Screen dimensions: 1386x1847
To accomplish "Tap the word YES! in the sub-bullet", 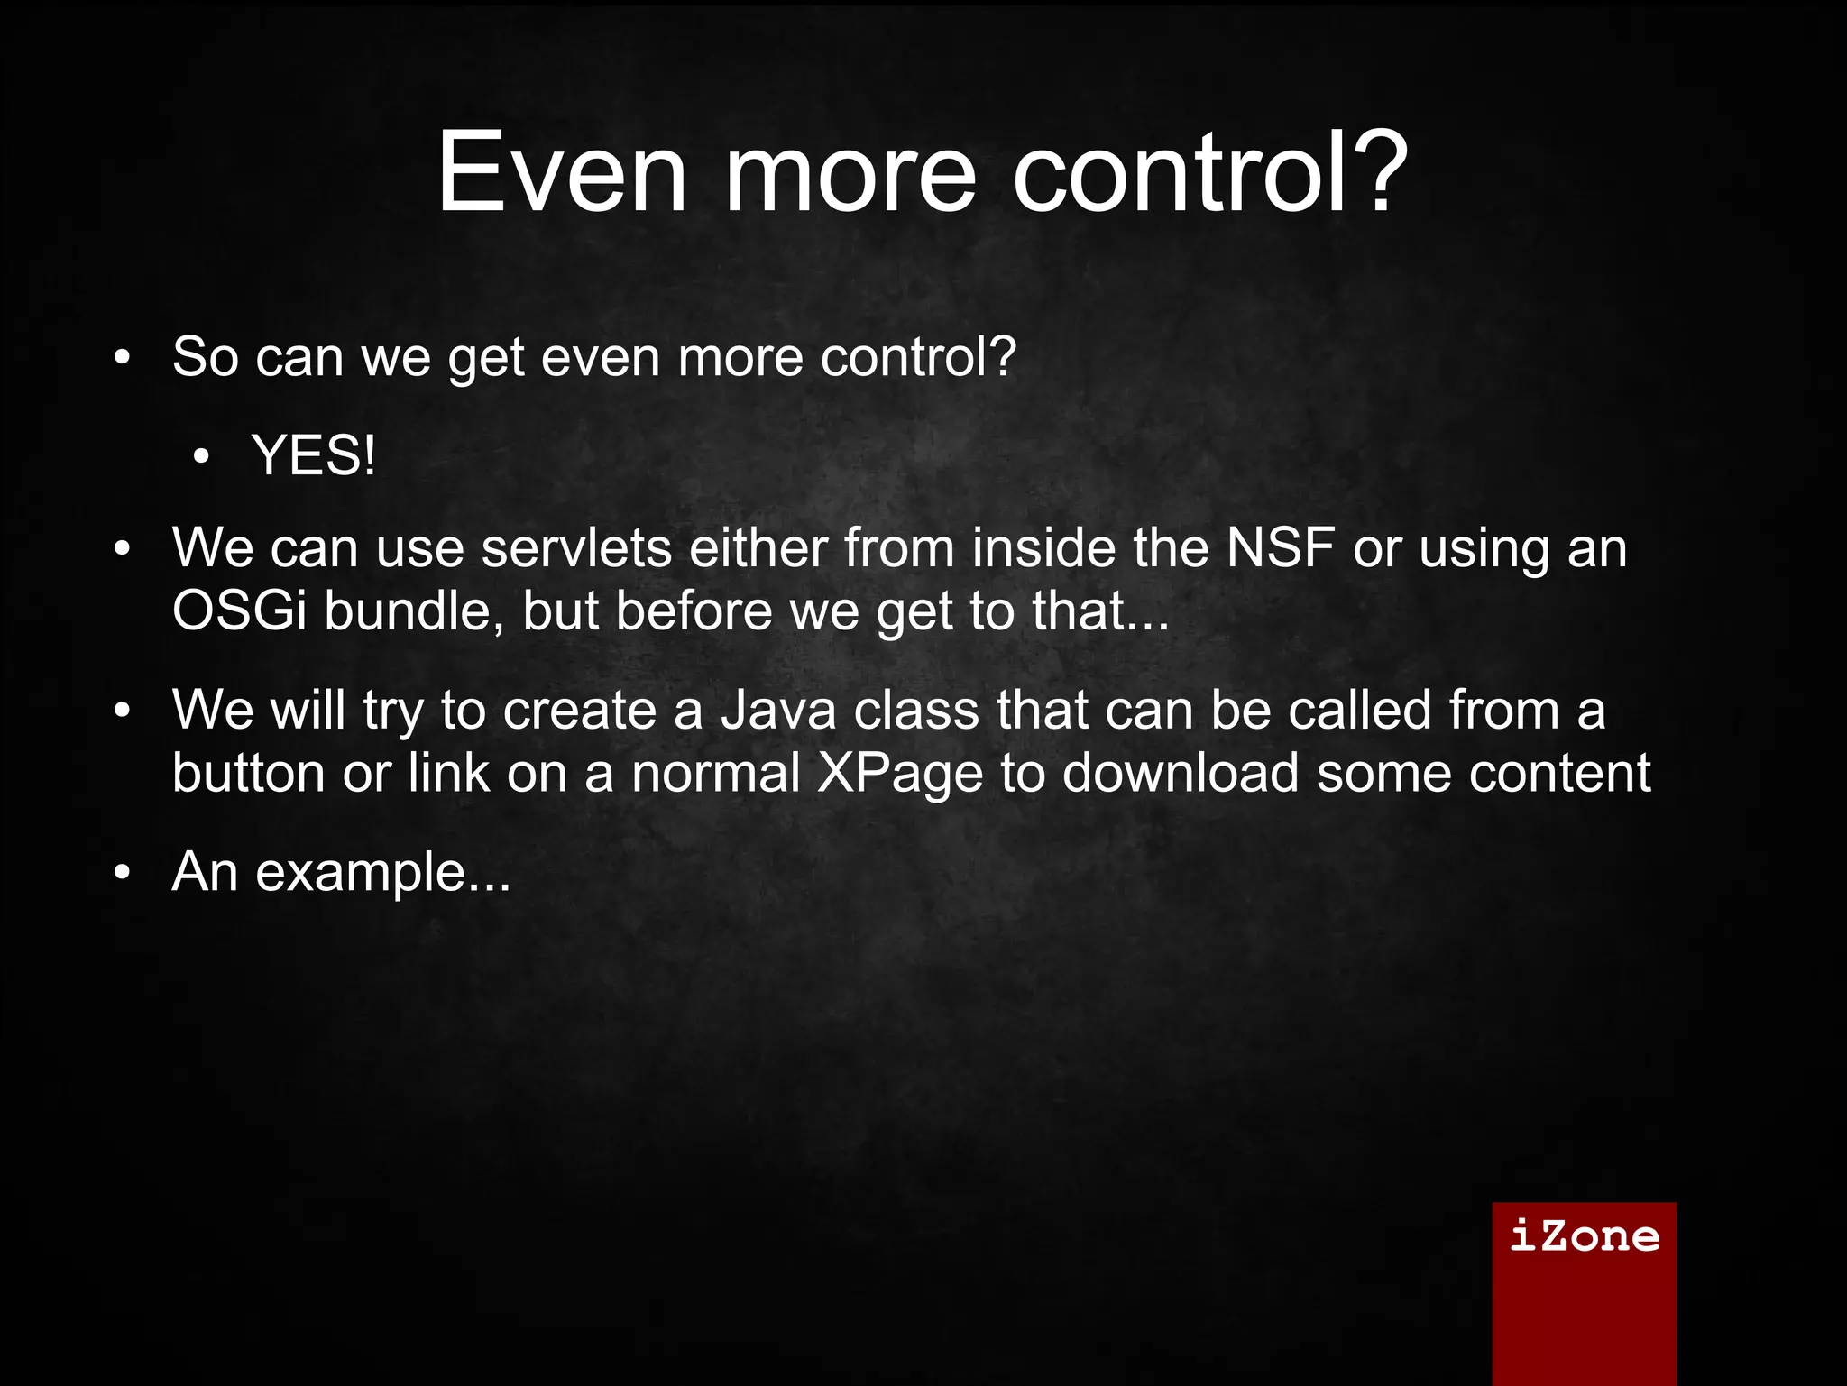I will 313,455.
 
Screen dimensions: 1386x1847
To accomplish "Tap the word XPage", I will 899,774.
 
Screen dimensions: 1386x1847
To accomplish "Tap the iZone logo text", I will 1584,1235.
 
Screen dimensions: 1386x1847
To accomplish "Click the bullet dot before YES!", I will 201,457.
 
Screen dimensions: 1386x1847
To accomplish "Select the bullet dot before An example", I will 123,873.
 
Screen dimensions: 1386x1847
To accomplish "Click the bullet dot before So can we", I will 123,358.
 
